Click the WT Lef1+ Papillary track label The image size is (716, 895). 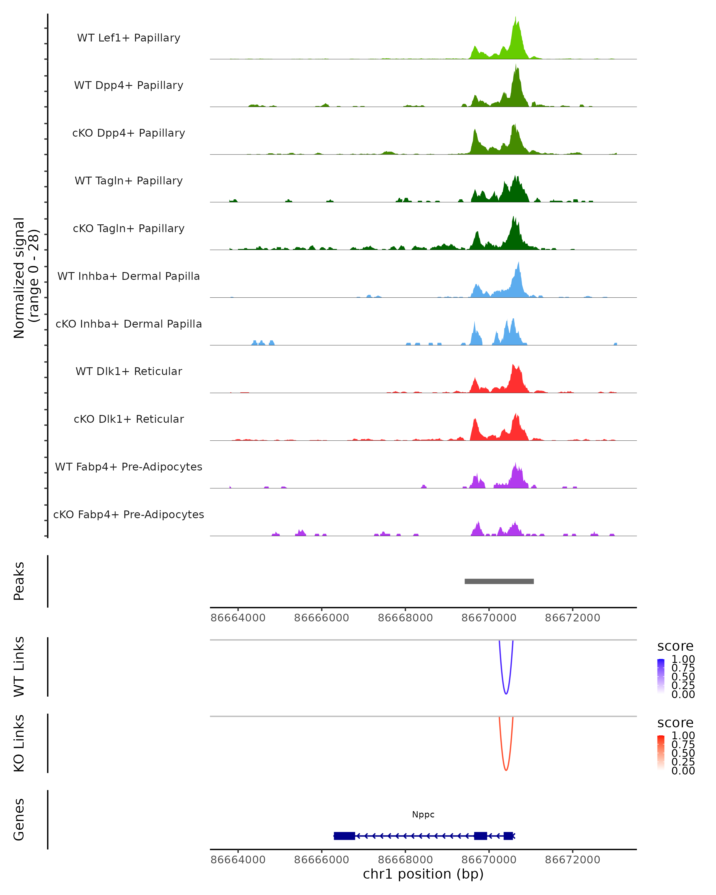click(129, 38)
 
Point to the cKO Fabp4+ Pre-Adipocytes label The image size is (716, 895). click(129, 514)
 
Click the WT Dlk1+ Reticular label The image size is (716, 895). click(129, 371)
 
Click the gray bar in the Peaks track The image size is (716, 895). click(499, 581)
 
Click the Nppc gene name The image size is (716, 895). click(423, 814)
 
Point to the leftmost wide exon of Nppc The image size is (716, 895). click(344, 836)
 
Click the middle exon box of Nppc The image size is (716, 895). click(480, 836)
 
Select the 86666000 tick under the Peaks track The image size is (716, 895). click(321, 618)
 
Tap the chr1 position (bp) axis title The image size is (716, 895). click(423, 874)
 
